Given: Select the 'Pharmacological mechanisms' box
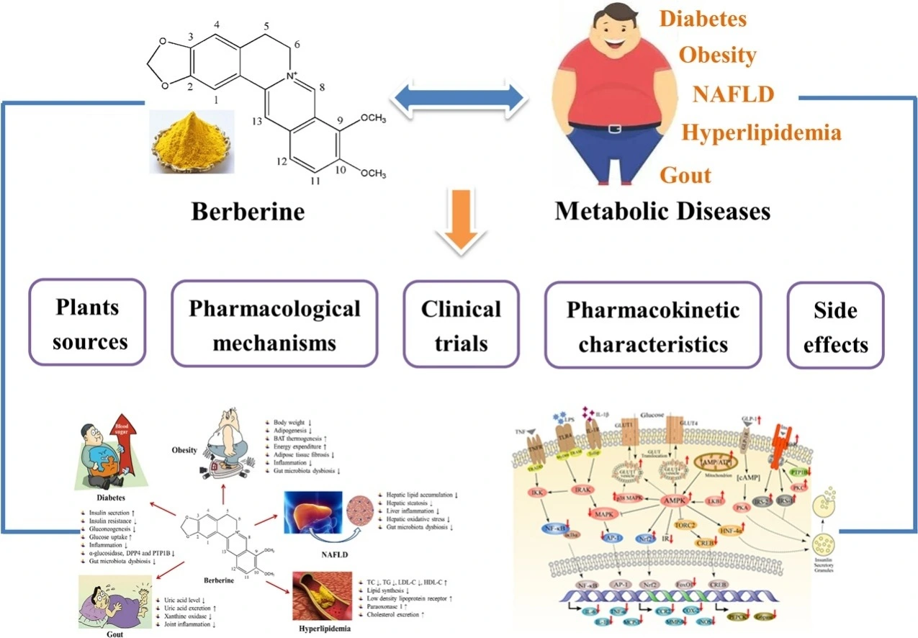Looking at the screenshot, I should [x=274, y=323].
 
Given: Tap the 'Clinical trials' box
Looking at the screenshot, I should [x=461, y=323].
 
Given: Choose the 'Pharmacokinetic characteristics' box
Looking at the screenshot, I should [x=653, y=323].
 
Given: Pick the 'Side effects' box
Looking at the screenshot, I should [x=835, y=323].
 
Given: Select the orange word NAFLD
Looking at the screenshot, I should [x=734, y=94].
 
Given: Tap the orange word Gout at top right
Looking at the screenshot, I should [x=685, y=175].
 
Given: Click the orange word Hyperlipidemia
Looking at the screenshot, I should [x=761, y=133].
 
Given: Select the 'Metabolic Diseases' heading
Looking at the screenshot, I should [x=662, y=211].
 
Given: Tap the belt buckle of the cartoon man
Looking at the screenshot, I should [x=614, y=129].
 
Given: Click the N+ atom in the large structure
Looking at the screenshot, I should [x=292, y=74].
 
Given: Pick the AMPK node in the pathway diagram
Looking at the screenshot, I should [x=670, y=498].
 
